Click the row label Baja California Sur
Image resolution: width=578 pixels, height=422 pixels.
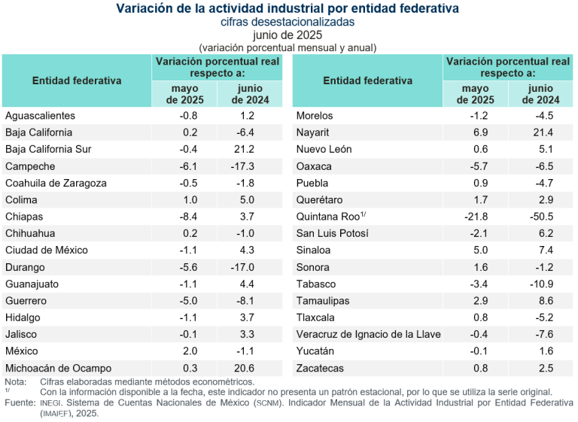click(48, 149)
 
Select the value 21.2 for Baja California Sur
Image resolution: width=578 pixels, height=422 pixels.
click(244, 149)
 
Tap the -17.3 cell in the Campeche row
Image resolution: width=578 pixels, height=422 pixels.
click(244, 166)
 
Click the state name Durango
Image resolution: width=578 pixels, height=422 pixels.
click(25, 267)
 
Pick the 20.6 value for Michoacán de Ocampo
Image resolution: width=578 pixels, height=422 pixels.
click(244, 368)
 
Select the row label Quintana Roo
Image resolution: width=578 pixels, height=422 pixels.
click(328, 217)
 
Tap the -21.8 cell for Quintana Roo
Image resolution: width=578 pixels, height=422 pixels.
click(479, 217)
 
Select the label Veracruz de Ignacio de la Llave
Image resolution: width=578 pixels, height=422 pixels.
click(368, 334)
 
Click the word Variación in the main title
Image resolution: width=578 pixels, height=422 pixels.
click(143, 8)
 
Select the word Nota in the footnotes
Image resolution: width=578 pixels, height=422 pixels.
click(14, 382)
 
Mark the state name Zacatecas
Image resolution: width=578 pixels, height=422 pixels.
click(320, 368)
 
